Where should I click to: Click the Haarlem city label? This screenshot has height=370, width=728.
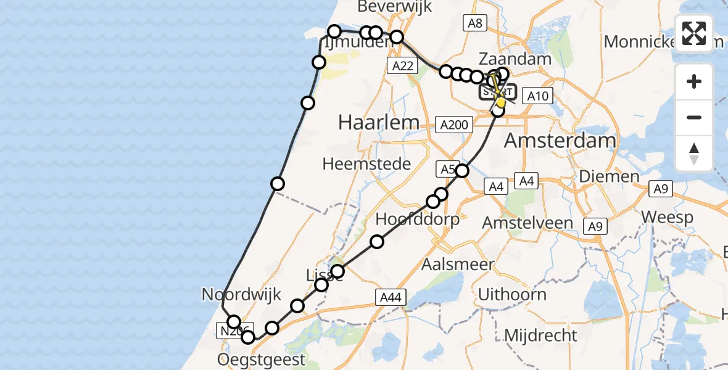coord(379,122)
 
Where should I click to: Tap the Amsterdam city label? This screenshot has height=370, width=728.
coord(560,141)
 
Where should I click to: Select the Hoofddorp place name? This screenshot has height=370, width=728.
coord(418,220)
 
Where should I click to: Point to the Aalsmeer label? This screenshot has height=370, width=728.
coord(458,265)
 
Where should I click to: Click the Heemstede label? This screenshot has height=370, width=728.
coord(366,164)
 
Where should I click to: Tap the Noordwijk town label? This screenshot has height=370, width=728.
coord(241,294)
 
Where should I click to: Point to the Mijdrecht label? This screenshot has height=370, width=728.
coord(540,335)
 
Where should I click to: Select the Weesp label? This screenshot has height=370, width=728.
coord(666,217)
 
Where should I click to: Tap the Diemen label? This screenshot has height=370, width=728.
coord(609,176)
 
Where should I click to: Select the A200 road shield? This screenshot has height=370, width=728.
coord(454,125)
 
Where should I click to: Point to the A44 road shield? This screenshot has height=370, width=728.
coord(391,298)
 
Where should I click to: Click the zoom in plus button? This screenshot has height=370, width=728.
coord(694,81)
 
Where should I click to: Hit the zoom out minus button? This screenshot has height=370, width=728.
coord(694,117)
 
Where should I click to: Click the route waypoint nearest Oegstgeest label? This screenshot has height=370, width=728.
coord(248,337)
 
